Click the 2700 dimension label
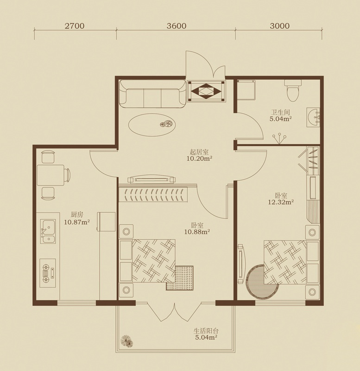(75, 26)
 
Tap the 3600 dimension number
(177, 26)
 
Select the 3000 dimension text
(280, 26)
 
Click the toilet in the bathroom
(293, 90)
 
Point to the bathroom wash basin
(313, 117)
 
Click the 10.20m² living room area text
(199, 159)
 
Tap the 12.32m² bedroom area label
(281, 202)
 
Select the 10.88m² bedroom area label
(197, 231)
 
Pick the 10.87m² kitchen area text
(77, 222)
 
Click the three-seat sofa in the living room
(153, 94)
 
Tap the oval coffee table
(152, 125)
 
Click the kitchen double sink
(48, 231)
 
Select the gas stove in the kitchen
(48, 273)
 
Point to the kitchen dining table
(51, 175)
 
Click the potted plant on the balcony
(126, 341)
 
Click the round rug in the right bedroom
(259, 281)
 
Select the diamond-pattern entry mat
(206, 91)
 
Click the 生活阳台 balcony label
(206, 331)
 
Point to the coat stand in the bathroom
(279, 138)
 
